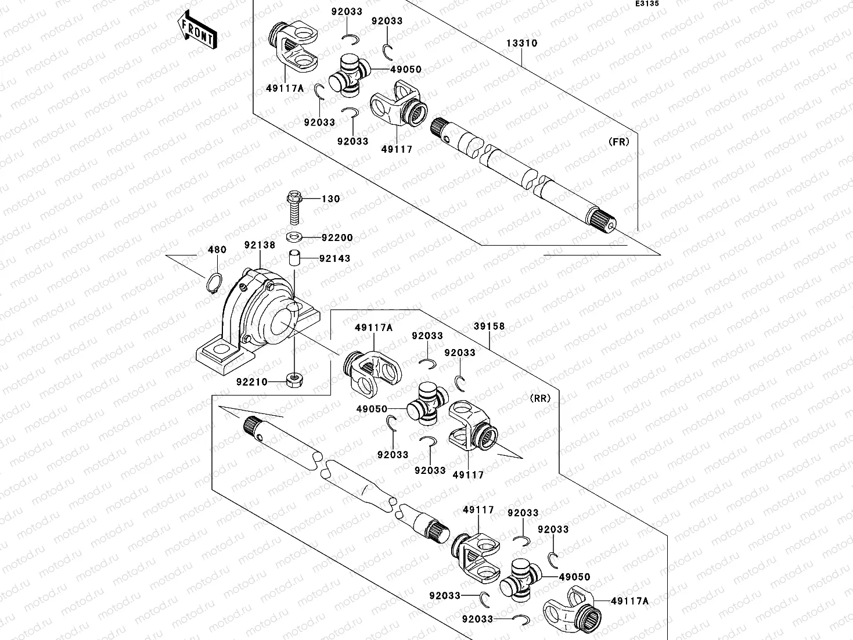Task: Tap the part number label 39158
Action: (x=489, y=326)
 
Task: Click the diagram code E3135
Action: (x=646, y=3)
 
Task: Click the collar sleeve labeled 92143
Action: (x=295, y=258)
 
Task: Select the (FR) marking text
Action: (x=618, y=141)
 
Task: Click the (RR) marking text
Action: (x=539, y=398)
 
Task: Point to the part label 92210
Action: (x=251, y=382)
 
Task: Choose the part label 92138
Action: (x=260, y=246)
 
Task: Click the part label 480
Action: (x=217, y=250)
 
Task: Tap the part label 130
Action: (x=330, y=199)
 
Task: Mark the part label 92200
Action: (x=337, y=238)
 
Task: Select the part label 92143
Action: (x=334, y=258)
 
